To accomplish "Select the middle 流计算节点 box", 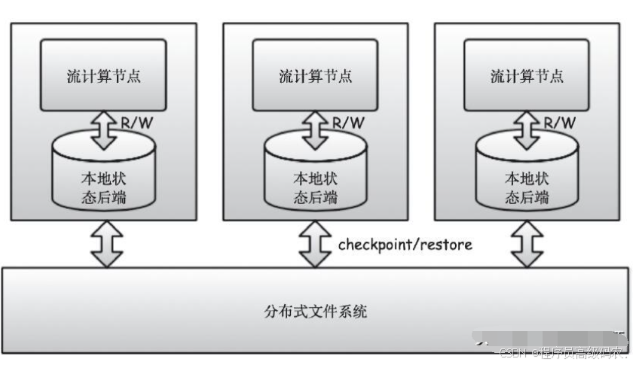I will point(315,75).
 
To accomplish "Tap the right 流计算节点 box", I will point(527,75).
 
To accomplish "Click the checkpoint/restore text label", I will point(405,245).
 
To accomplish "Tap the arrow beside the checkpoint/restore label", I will point(315,244).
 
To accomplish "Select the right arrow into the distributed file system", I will point(527,244).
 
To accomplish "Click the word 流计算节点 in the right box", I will point(527,76).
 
